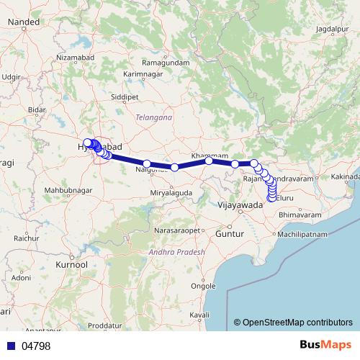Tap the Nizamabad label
click(x=76, y=57)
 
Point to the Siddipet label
click(x=125, y=95)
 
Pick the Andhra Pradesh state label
click(x=177, y=252)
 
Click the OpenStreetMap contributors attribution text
click(x=297, y=322)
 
